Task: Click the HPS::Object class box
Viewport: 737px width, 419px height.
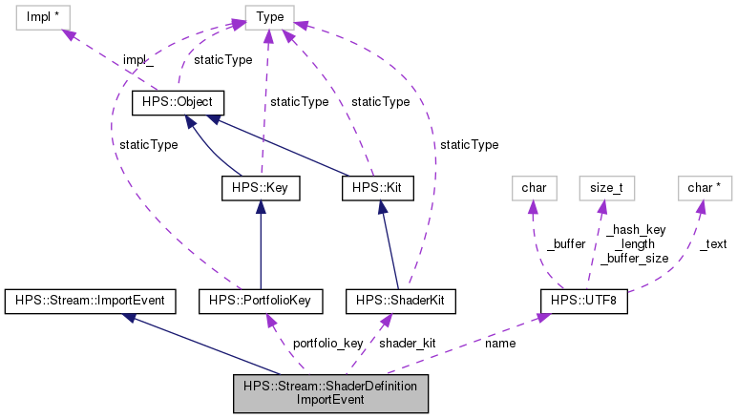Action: pos(178,102)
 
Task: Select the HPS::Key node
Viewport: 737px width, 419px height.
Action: pos(261,188)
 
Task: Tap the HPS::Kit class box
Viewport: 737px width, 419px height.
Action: pos(375,188)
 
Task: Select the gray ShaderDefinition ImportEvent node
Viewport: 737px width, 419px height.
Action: pos(330,393)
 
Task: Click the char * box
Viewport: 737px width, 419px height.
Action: pos(705,188)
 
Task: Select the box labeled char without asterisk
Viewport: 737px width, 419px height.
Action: pos(534,188)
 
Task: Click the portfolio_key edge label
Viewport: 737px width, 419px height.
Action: pos(326,343)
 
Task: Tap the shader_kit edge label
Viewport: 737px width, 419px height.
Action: pos(408,343)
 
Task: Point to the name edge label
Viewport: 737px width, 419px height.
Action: pos(500,343)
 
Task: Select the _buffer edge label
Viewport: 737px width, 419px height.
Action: pos(566,244)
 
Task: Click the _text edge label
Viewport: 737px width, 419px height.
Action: pos(712,244)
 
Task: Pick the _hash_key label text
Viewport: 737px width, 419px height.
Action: pos(635,230)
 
